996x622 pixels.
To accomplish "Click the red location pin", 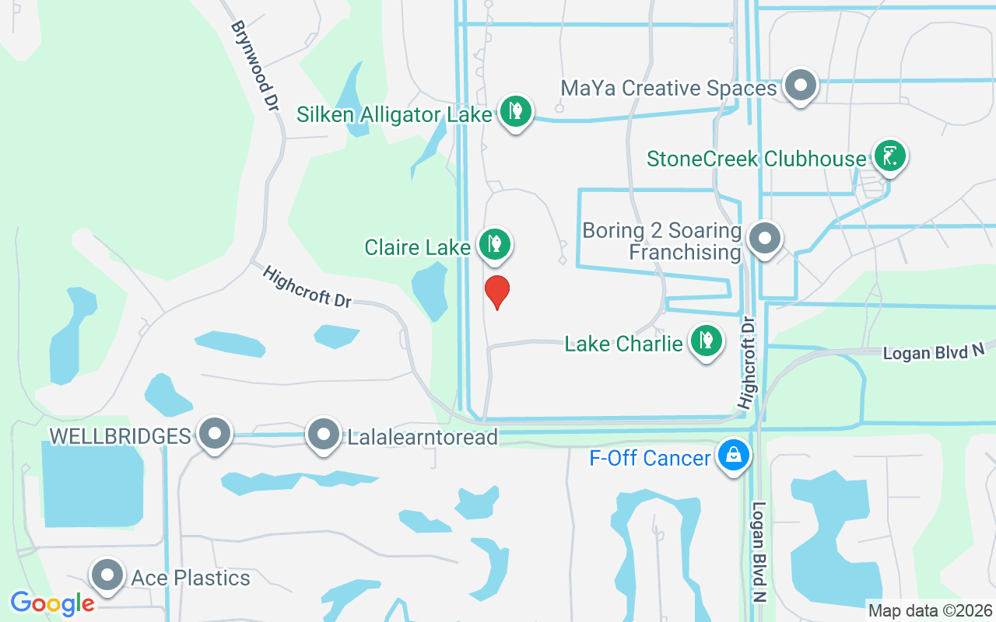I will [x=497, y=292].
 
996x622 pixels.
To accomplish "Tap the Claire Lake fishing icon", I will [x=494, y=245].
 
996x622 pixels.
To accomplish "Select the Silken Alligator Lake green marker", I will [x=514, y=111].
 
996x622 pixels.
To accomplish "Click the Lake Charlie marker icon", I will [x=706, y=341].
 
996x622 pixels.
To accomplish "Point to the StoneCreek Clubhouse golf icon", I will [x=889, y=156].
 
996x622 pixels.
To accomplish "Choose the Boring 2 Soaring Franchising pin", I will [x=765, y=239].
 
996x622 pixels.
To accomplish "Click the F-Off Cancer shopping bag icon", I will [x=733, y=456].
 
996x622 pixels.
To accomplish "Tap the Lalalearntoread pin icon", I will [x=323, y=434].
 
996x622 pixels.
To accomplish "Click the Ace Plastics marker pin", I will [x=107, y=575].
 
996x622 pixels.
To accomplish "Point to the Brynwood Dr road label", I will [x=254, y=65].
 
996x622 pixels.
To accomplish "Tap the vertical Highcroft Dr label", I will [x=747, y=362].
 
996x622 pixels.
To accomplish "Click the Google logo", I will [x=52, y=603].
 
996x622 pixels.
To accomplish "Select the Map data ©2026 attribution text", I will [x=930, y=611].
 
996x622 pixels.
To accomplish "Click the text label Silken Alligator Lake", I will [x=395, y=115].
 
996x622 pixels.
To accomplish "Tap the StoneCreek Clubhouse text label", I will [x=756, y=159].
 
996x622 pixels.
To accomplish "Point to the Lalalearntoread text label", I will [x=423, y=437].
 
